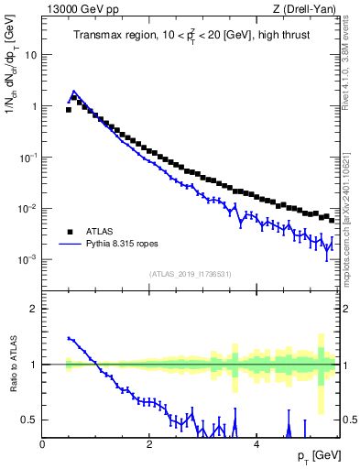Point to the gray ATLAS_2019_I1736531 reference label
point(190,274)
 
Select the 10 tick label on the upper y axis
point(30,54)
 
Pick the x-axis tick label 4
point(256,444)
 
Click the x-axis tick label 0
point(42,444)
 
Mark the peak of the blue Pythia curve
point(73,92)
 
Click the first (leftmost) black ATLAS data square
point(69,109)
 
